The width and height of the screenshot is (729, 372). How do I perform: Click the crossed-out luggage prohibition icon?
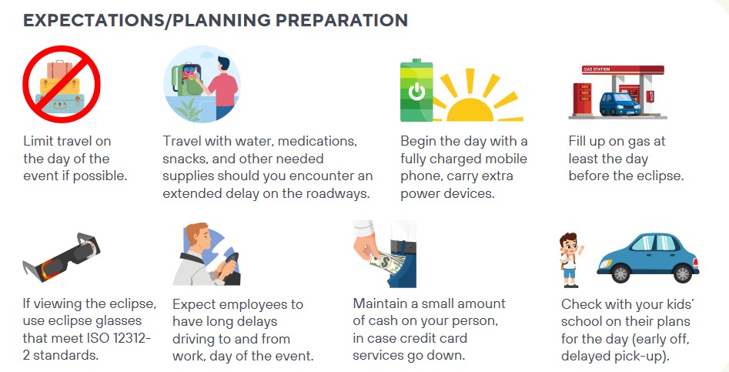[x=62, y=84]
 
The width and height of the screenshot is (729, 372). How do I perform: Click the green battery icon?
[x=416, y=90]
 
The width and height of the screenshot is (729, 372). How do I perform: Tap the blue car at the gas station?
[x=620, y=103]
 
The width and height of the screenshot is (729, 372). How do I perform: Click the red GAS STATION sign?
[x=623, y=70]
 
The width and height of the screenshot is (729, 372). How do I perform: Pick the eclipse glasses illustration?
[x=62, y=257]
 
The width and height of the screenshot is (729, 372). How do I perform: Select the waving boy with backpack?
[x=571, y=260]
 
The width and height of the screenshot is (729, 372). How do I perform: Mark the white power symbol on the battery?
[x=416, y=92]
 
